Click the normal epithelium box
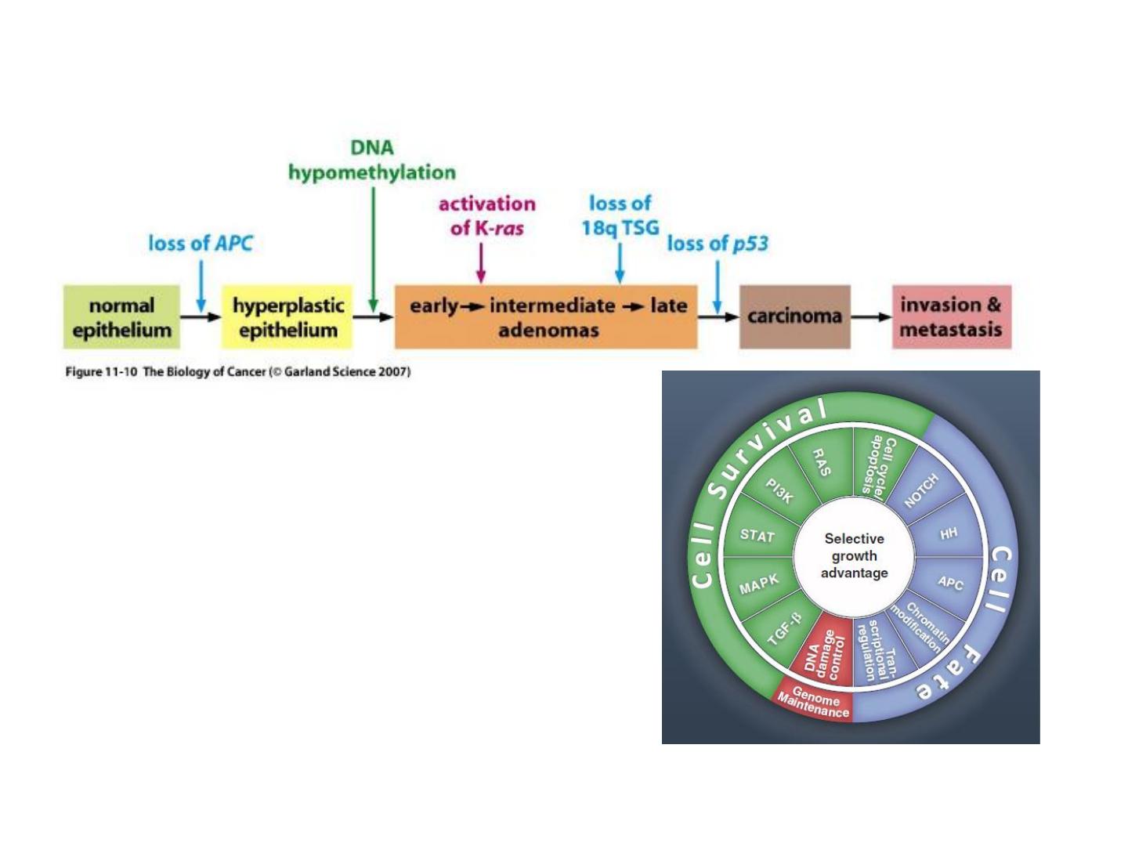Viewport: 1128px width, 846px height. tap(121, 317)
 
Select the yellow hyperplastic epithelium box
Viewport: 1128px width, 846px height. tap(287, 317)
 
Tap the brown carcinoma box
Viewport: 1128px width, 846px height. tap(794, 316)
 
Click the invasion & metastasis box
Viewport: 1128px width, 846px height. tap(951, 316)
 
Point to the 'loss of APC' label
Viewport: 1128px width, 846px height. tap(201, 244)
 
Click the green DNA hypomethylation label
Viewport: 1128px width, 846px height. tap(371, 160)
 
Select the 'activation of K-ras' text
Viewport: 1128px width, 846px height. tap(486, 215)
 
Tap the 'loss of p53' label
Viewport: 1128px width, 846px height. tap(718, 244)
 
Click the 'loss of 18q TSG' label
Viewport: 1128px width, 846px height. tap(620, 215)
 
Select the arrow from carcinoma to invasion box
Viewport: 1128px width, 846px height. tap(871, 317)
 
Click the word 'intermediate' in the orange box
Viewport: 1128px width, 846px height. tap(552, 305)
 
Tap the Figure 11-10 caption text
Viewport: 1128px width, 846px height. tap(237, 371)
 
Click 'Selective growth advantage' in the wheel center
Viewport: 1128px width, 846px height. tap(854, 556)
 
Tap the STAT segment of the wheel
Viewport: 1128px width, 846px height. tap(757, 536)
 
